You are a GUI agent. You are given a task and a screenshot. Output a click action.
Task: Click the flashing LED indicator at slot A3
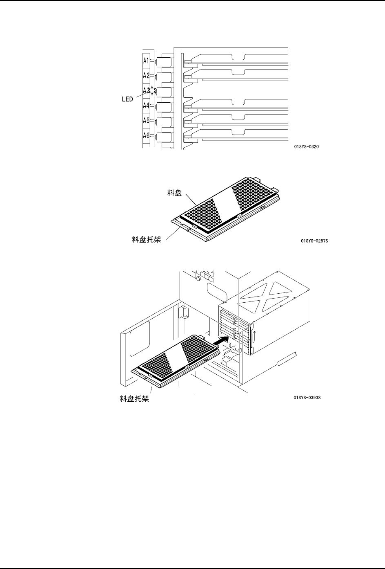(x=152, y=91)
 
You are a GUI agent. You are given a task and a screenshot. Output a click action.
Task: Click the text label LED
(x=128, y=99)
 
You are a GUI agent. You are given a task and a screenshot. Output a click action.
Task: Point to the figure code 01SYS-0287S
(x=314, y=241)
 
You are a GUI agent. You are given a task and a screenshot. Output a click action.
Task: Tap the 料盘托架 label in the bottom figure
(x=134, y=398)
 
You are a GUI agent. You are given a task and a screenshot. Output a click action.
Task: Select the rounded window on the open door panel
(x=140, y=338)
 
